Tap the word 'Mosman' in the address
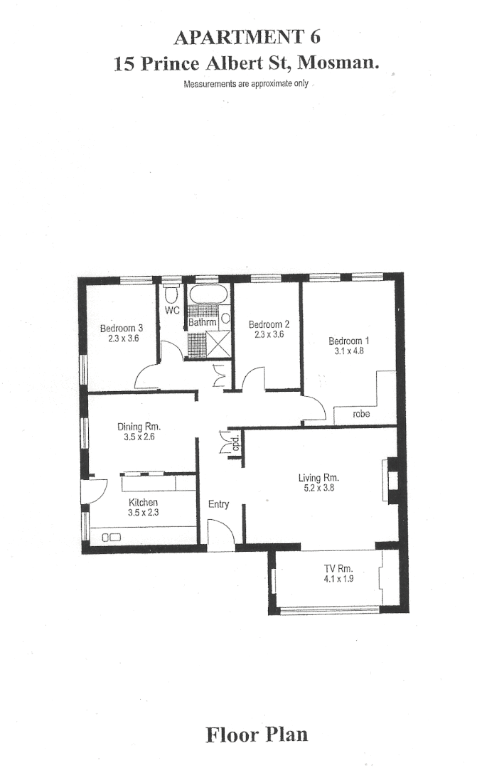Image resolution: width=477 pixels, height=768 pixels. coord(338,63)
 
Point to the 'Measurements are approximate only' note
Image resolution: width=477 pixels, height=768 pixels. coord(246,84)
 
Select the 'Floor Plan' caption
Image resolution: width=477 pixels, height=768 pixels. coord(257,734)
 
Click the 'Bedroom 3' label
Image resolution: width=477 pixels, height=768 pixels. coord(122,328)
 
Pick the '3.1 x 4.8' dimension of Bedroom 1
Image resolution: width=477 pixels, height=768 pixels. coord(349,351)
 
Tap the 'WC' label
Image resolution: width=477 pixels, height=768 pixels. coord(172,311)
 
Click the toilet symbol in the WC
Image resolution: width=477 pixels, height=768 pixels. coord(171,294)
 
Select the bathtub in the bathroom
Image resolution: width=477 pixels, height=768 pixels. coord(208,294)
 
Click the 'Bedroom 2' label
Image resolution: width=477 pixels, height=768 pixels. coord(269,324)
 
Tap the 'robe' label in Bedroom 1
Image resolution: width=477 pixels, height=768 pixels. coord(361,413)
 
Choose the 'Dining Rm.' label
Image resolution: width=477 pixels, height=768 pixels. coord(139,427)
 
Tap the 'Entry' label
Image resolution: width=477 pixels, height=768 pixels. coord(218,504)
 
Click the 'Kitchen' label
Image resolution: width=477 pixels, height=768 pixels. coord(143,502)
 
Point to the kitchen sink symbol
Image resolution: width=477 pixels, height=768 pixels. coord(113,537)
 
